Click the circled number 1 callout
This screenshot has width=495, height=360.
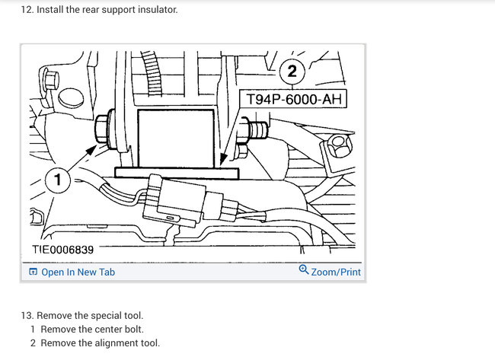tap(58, 180)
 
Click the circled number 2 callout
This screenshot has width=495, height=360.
tap(292, 72)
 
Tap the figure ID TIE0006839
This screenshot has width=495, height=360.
tap(63, 249)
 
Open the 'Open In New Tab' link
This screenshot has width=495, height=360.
tap(78, 272)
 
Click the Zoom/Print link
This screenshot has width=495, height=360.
tap(336, 272)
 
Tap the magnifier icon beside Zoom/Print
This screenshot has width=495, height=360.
tap(304, 270)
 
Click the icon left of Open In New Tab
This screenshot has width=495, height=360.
tap(33, 272)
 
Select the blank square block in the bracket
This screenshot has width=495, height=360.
tap(175, 135)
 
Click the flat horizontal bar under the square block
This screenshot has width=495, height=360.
tap(176, 174)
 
